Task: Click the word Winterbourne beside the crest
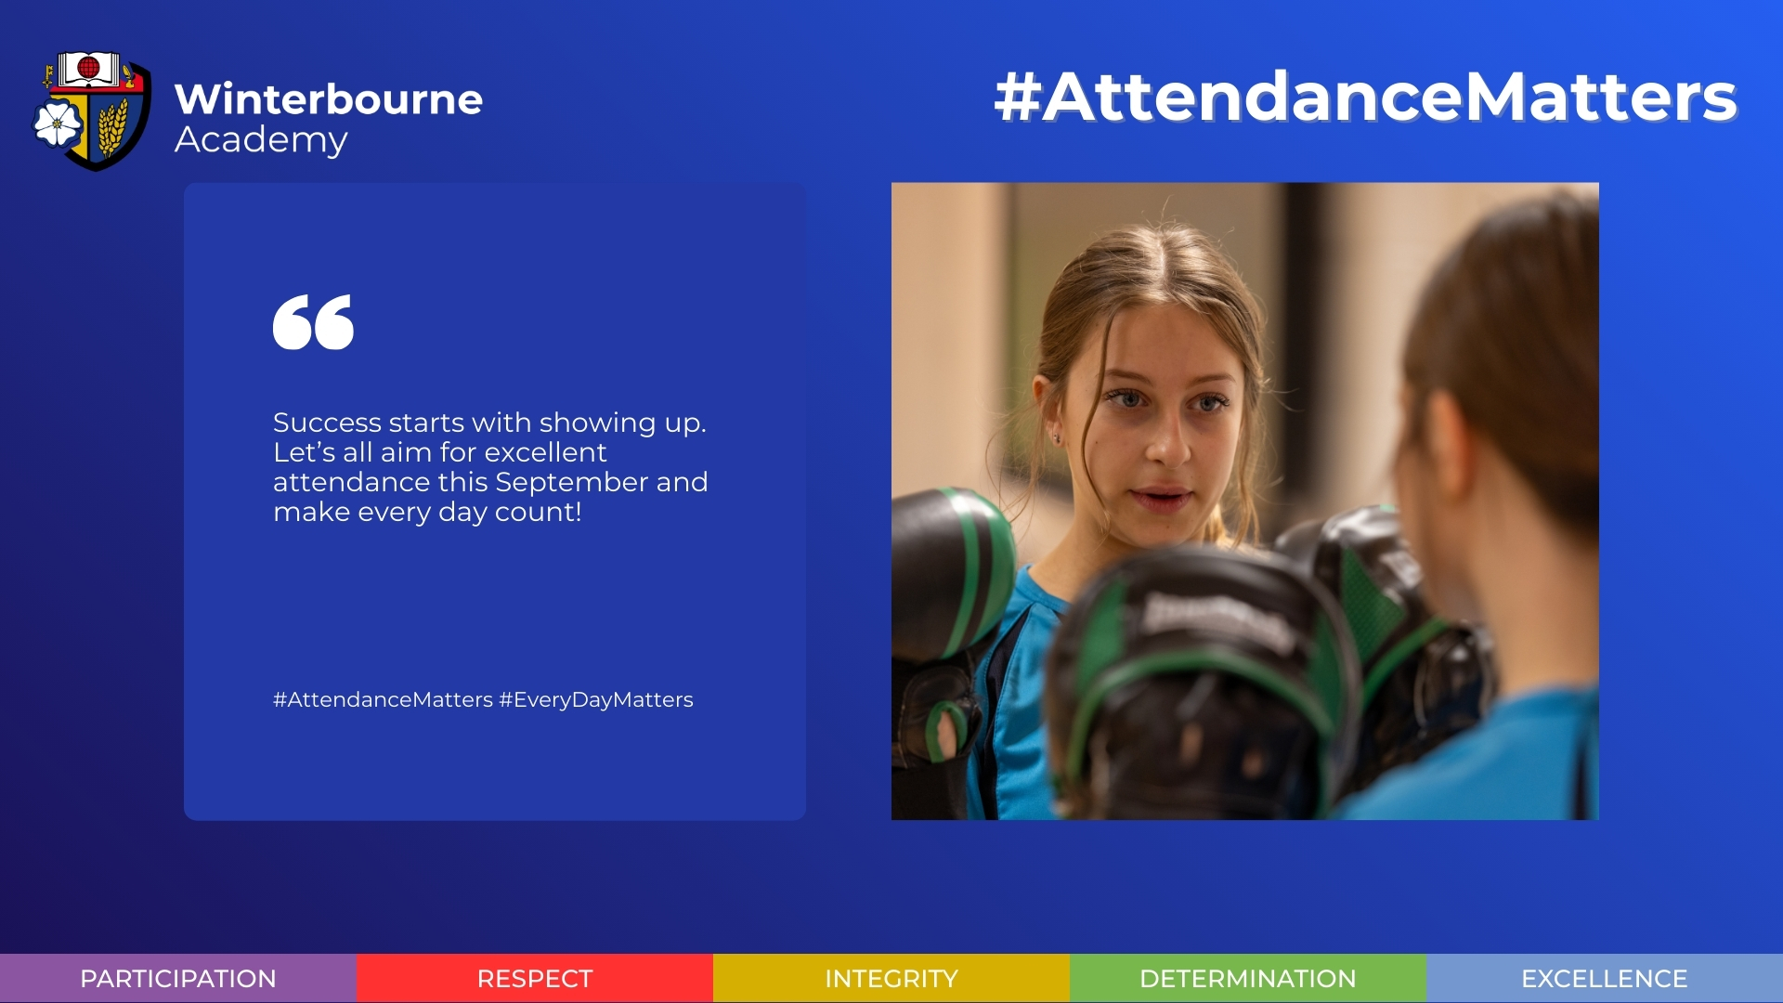tap(329, 99)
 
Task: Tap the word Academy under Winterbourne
tap(261, 140)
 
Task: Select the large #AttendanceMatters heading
tap(1365, 97)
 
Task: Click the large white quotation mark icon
tap(313, 322)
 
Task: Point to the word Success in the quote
tap(327, 423)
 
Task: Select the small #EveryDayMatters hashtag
tap(596, 700)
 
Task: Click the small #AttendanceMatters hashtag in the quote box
tap(383, 700)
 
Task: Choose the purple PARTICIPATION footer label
tap(178, 979)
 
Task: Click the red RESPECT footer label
tap(535, 979)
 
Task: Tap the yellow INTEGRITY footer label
tap(891, 979)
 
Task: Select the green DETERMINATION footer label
tap(1248, 979)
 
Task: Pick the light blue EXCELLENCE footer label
tap(1605, 979)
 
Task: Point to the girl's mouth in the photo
tap(1161, 498)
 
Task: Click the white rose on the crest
tap(58, 124)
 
